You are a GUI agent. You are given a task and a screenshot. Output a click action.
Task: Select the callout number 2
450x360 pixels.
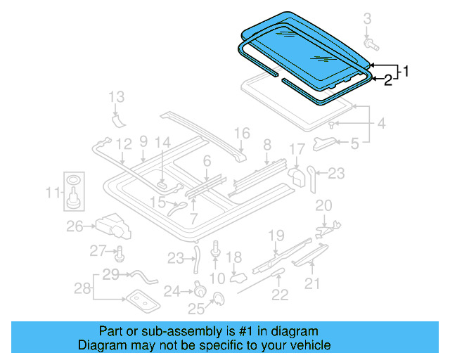pos(387,82)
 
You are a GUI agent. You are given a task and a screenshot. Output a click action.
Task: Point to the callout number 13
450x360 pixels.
pos(117,97)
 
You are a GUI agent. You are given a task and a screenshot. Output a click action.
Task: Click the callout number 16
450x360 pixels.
pos(241,133)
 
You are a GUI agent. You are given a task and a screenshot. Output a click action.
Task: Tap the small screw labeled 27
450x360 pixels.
pos(119,254)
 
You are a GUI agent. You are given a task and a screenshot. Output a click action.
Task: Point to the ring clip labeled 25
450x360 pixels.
pos(217,301)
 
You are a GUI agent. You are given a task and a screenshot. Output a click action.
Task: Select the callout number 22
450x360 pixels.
pos(280,295)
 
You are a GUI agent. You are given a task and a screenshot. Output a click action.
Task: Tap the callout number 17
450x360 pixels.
pos(297,149)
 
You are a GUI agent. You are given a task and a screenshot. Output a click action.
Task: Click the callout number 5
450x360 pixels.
pos(354,145)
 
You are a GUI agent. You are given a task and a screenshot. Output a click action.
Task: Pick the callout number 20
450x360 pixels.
pos(323,205)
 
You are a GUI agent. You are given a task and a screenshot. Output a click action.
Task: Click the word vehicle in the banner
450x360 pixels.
pos(307,345)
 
